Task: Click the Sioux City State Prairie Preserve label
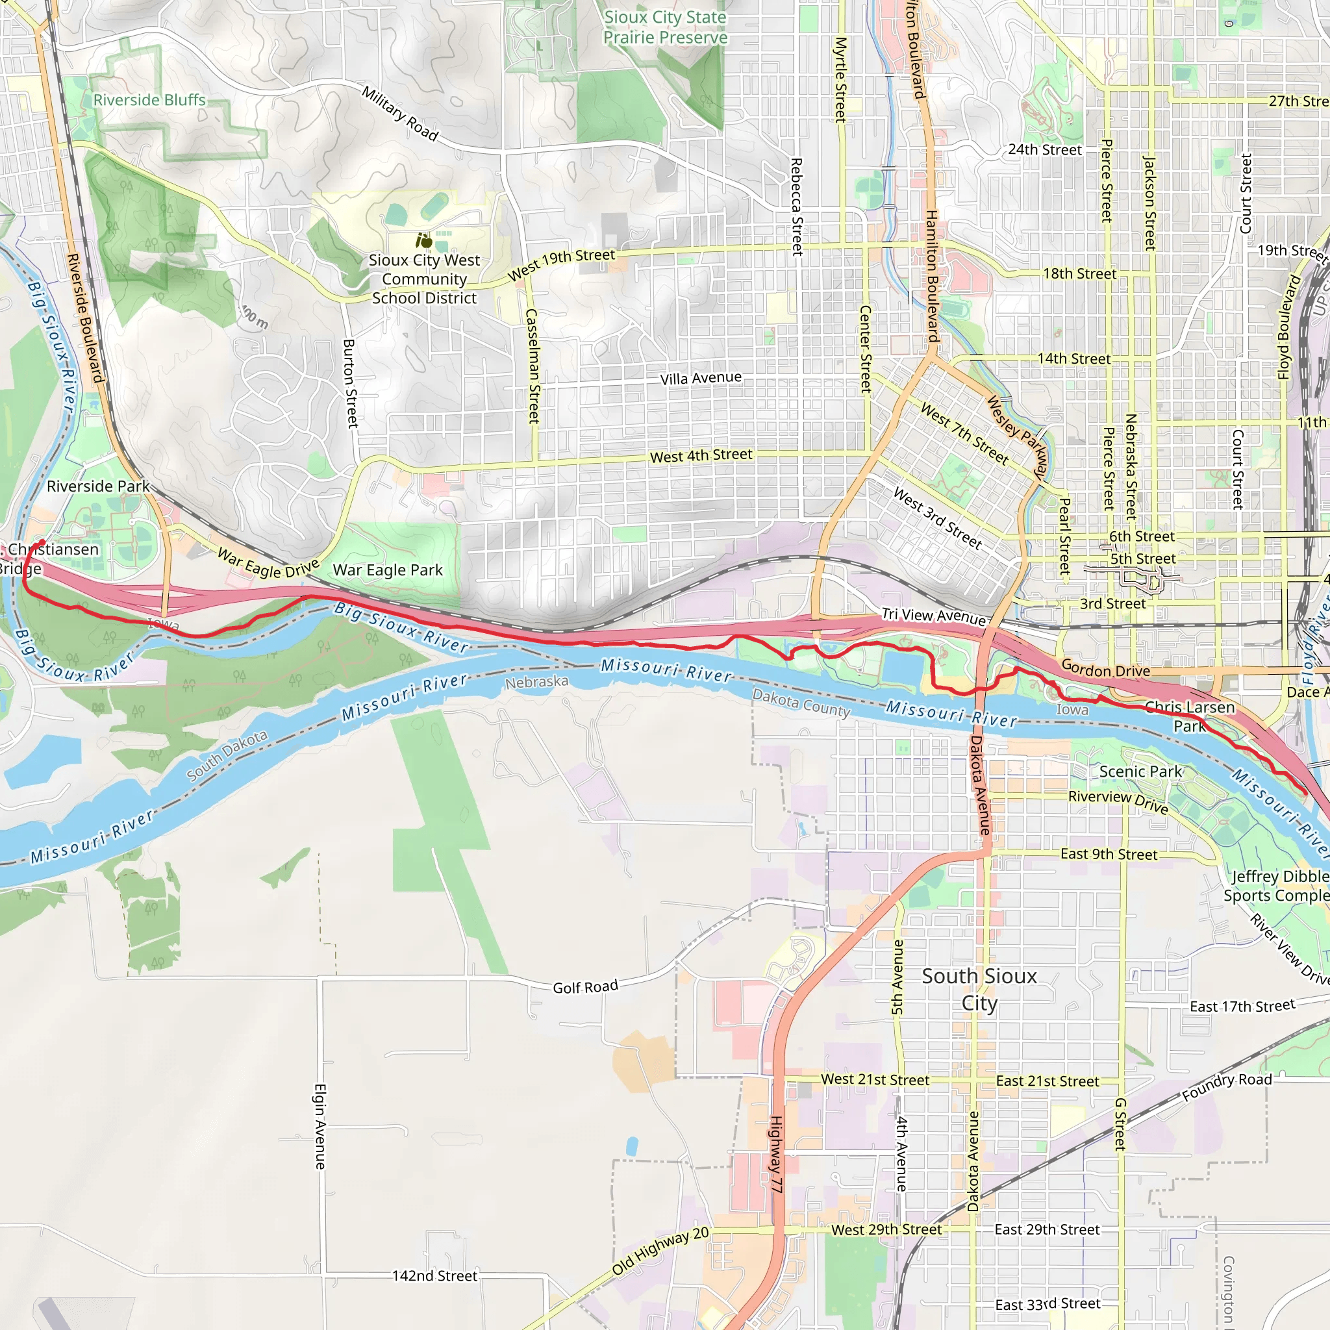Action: pyautogui.click(x=665, y=27)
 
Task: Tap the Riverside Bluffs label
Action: pyautogui.click(x=149, y=100)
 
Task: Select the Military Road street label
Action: pyautogui.click(x=400, y=114)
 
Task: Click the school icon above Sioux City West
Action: pyautogui.click(x=424, y=241)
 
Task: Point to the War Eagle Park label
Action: pyautogui.click(x=388, y=570)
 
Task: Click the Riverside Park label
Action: pyautogui.click(x=98, y=486)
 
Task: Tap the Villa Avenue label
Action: pyautogui.click(x=701, y=378)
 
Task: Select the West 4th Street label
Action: pyautogui.click(x=701, y=455)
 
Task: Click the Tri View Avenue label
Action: pyautogui.click(x=934, y=616)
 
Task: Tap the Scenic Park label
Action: pyautogui.click(x=1140, y=772)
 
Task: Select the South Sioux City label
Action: pyautogui.click(x=979, y=989)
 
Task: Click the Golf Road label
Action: pyautogui.click(x=585, y=987)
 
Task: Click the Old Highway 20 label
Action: pyautogui.click(x=660, y=1251)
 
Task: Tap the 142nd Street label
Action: pyautogui.click(x=434, y=1275)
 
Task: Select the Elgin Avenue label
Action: pyautogui.click(x=320, y=1126)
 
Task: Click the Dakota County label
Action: pyautogui.click(x=801, y=703)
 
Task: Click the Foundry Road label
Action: pyautogui.click(x=1227, y=1087)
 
